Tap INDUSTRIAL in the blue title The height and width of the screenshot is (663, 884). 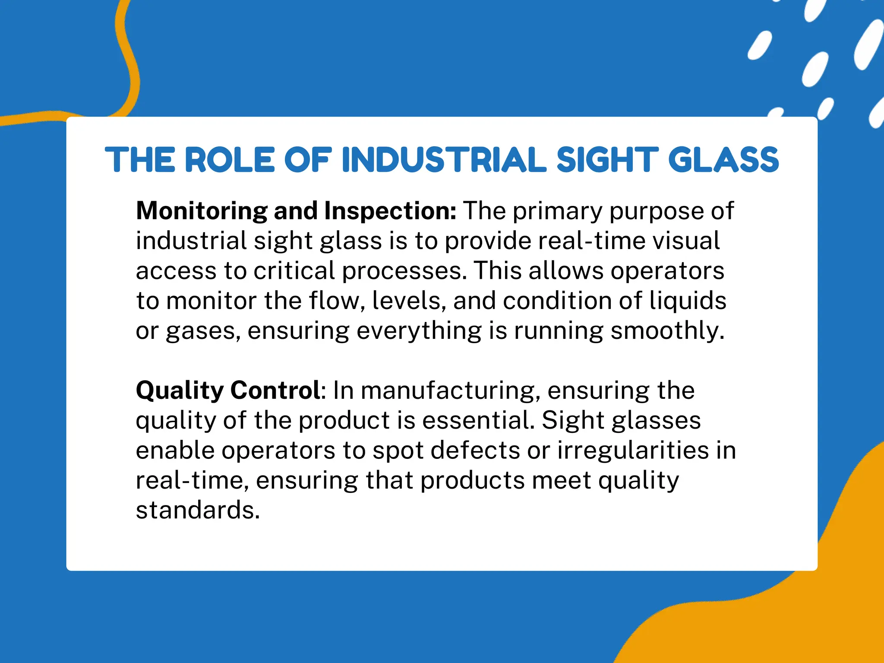pos(444,160)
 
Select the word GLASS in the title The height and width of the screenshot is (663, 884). pos(723,160)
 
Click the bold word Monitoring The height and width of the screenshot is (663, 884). pos(202,211)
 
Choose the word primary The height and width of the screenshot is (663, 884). pos(557,211)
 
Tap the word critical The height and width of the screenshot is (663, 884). pos(294,271)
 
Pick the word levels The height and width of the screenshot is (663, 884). pos(409,300)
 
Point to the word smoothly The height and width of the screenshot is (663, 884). pos(667,331)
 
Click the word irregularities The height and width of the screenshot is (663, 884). pos(633,450)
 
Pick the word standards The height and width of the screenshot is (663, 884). pos(198,510)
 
